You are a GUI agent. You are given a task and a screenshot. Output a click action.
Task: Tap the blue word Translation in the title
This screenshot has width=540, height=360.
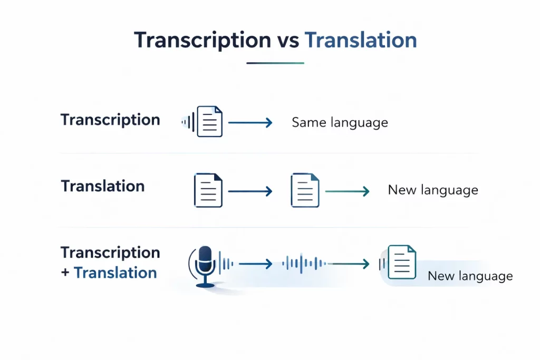[361, 41]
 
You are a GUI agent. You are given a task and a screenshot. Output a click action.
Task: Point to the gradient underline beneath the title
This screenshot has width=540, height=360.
[275, 63]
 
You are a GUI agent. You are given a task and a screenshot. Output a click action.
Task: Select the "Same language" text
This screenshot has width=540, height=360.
[340, 123]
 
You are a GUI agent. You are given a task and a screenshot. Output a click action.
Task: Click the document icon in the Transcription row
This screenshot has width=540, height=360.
[209, 122]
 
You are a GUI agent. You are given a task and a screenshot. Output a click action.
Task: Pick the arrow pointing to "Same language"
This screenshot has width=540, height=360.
[250, 123]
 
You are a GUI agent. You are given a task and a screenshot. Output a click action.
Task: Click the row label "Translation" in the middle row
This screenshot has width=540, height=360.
[103, 186]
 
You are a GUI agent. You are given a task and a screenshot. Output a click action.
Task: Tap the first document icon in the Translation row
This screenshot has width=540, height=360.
[208, 190]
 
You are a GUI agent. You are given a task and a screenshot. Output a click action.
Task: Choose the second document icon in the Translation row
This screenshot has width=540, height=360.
[305, 190]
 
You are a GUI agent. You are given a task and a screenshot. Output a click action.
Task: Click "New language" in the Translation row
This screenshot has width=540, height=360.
[433, 190]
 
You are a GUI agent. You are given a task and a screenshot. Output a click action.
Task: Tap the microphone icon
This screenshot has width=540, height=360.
[205, 266]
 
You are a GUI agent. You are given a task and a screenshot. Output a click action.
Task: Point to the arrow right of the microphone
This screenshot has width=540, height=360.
[255, 264]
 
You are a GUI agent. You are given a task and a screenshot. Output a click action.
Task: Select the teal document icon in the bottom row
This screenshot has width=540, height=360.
[401, 262]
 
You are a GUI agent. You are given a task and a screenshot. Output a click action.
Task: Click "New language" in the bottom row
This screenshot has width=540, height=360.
[470, 276]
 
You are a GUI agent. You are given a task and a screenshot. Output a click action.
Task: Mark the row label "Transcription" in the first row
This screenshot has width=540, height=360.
[110, 120]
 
